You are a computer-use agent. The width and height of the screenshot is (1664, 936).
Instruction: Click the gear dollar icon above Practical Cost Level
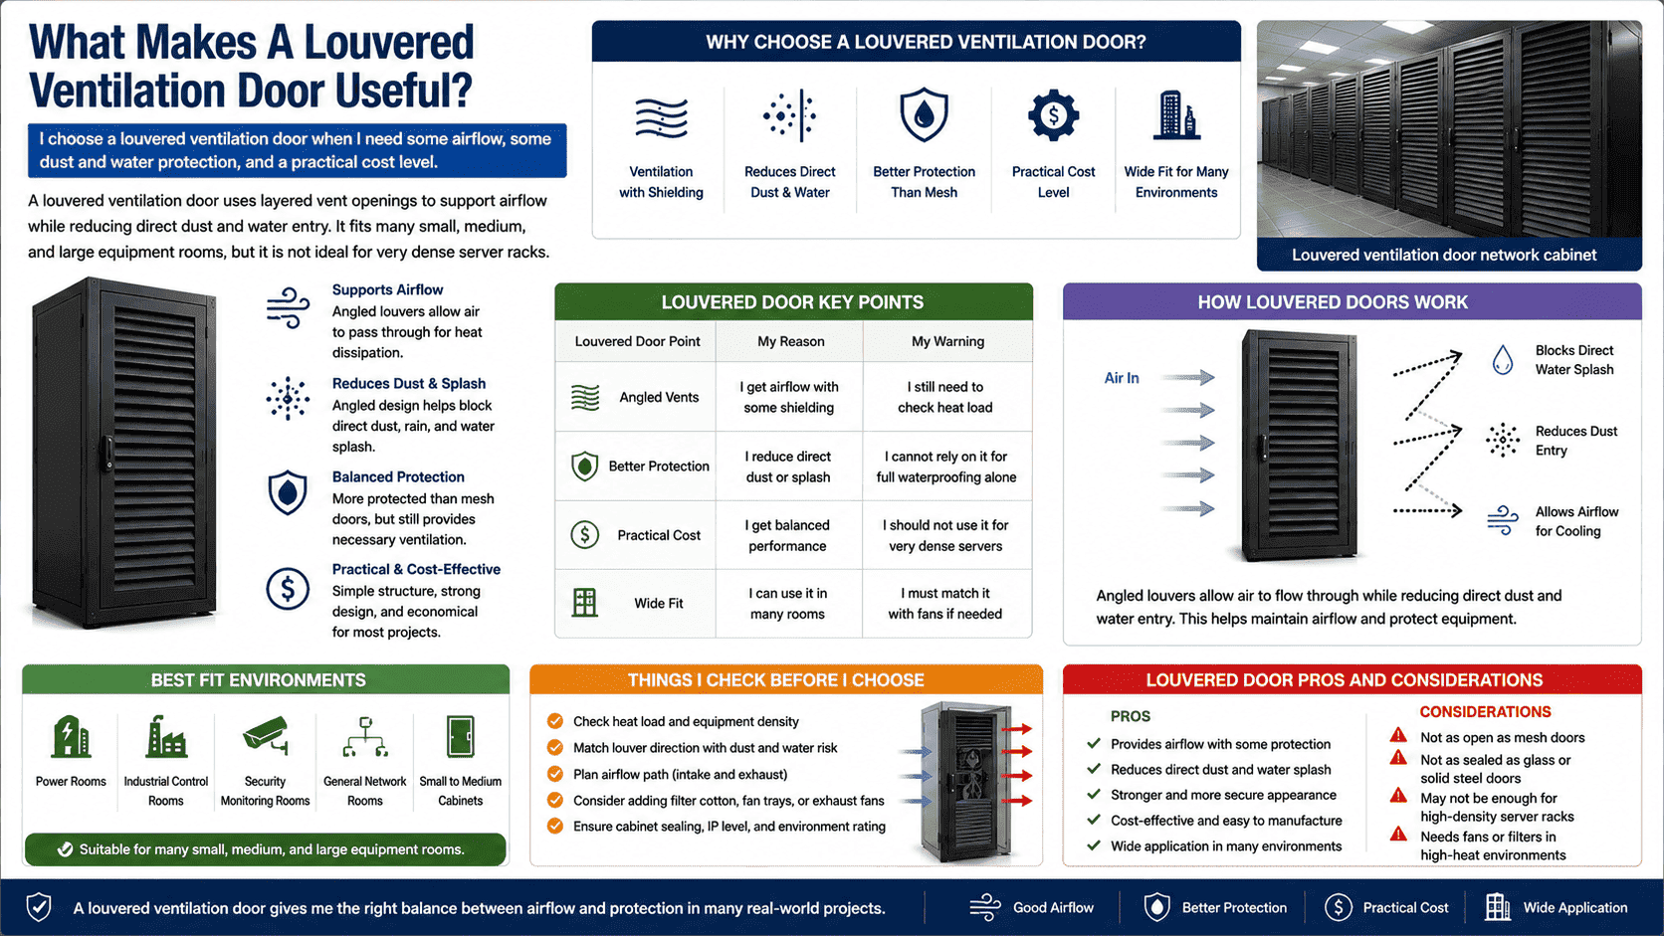click(x=1053, y=115)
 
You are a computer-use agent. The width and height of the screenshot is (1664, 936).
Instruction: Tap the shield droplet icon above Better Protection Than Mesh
click(x=924, y=115)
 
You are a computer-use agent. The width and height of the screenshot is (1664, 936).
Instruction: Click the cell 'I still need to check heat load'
click(x=944, y=397)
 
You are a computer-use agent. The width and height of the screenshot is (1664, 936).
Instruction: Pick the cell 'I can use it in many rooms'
click(x=787, y=604)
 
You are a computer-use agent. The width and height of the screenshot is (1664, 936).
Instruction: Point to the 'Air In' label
click(x=1121, y=378)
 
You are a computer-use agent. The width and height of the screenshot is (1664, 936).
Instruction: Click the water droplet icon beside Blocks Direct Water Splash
click(x=1502, y=360)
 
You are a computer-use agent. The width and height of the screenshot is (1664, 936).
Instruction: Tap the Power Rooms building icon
click(x=71, y=736)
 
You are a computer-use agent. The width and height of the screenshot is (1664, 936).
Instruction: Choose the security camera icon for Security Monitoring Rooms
click(x=265, y=735)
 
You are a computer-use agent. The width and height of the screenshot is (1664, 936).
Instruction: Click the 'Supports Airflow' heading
click(x=387, y=289)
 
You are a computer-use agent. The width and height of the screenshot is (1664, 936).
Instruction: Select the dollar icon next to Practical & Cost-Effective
click(x=288, y=590)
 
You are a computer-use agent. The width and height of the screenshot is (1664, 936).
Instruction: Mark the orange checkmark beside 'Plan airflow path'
click(x=555, y=774)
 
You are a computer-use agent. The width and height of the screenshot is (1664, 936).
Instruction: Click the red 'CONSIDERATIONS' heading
click(x=1485, y=712)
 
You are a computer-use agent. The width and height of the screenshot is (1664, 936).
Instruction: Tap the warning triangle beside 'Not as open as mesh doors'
click(x=1398, y=736)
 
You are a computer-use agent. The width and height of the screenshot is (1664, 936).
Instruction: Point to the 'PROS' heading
click(x=1130, y=716)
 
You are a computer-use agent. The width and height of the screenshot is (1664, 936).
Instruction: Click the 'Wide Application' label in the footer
click(x=1574, y=908)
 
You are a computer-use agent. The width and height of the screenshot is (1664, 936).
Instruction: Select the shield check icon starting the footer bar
click(x=39, y=907)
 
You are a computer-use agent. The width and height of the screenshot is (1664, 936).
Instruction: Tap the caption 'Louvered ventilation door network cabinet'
click(x=1443, y=256)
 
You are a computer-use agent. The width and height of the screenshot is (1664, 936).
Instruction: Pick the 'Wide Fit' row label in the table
click(x=658, y=604)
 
